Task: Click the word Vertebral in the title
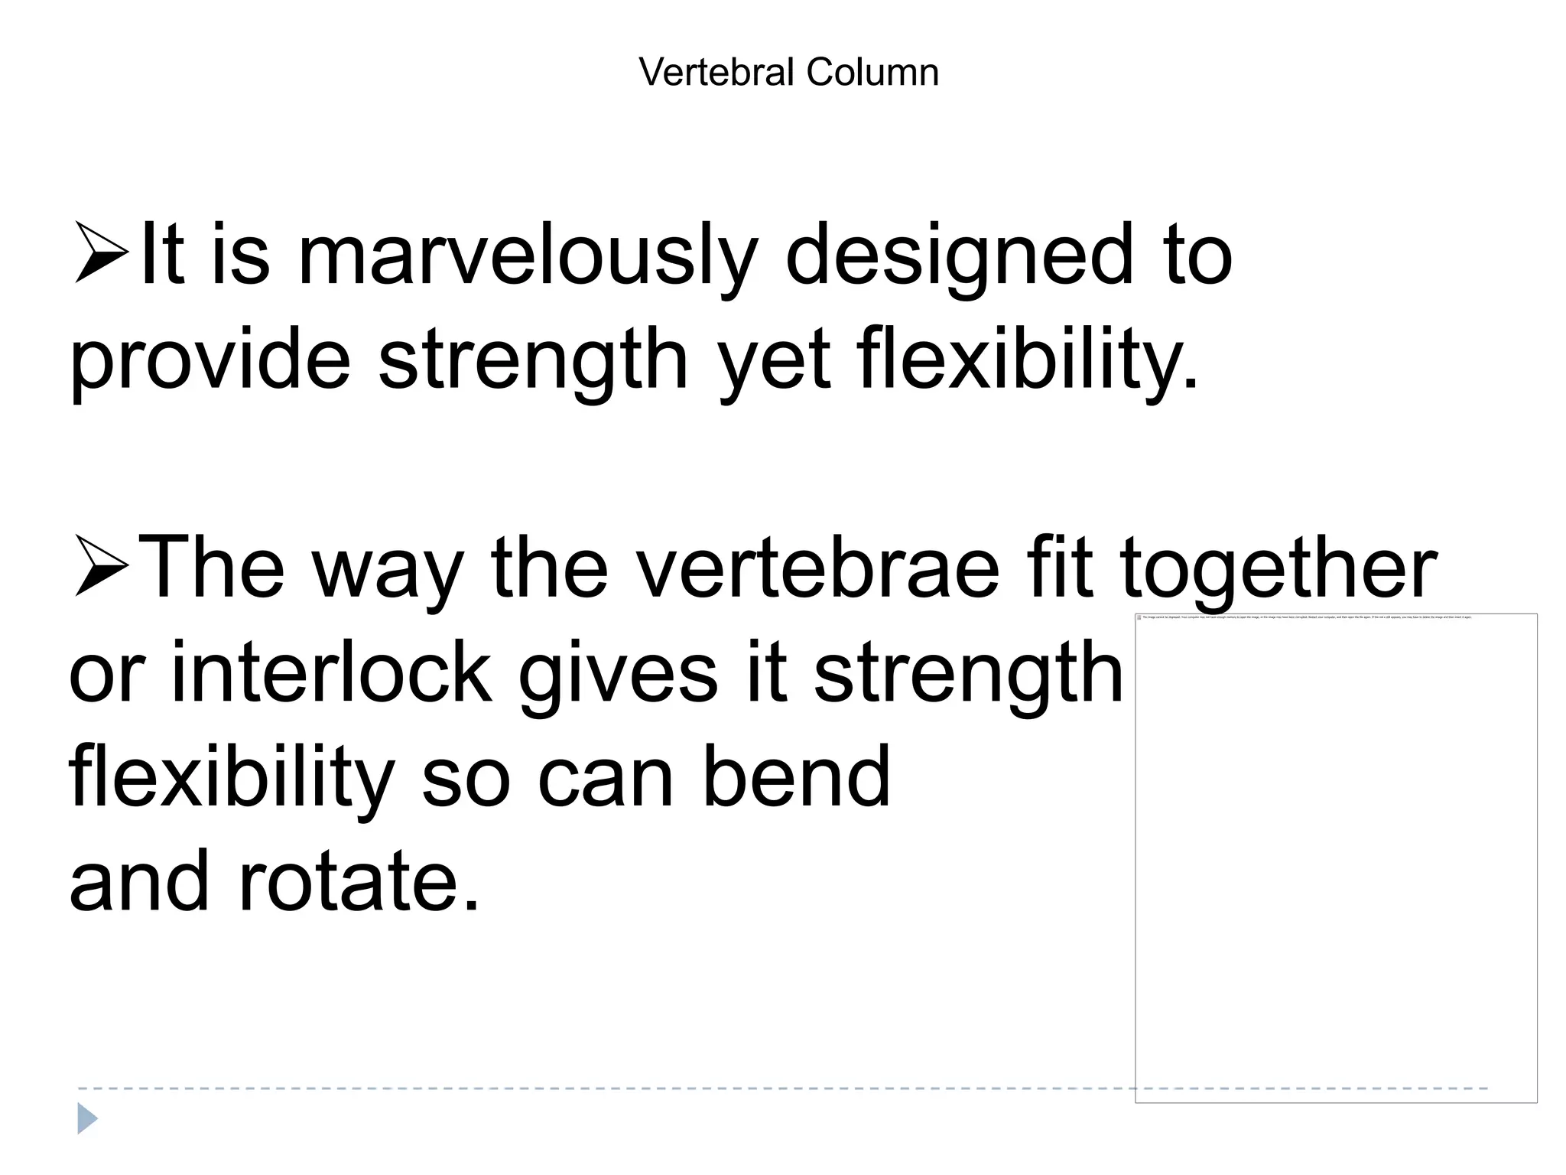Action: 716,73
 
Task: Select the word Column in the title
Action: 872,73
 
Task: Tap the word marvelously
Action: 527,256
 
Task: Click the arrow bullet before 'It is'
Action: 101,252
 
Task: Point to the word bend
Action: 796,776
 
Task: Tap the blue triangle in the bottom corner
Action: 87,1118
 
